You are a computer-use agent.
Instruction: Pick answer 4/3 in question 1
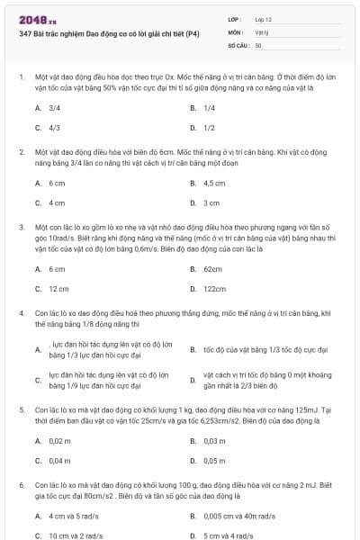click(x=54, y=128)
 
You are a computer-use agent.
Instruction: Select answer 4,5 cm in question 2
click(x=213, y=183)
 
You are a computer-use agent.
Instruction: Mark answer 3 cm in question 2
click(x=211, y=202)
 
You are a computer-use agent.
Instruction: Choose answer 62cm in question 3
click(x=212, y=269)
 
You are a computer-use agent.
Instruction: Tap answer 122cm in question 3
click(x=214, y=289)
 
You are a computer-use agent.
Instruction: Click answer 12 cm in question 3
click(x=58, y=289)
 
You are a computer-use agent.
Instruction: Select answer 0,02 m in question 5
click(x=59, y=441)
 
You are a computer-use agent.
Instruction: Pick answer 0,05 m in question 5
click(x=213, y=461)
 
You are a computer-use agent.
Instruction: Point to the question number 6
click(x=21, y=485)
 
